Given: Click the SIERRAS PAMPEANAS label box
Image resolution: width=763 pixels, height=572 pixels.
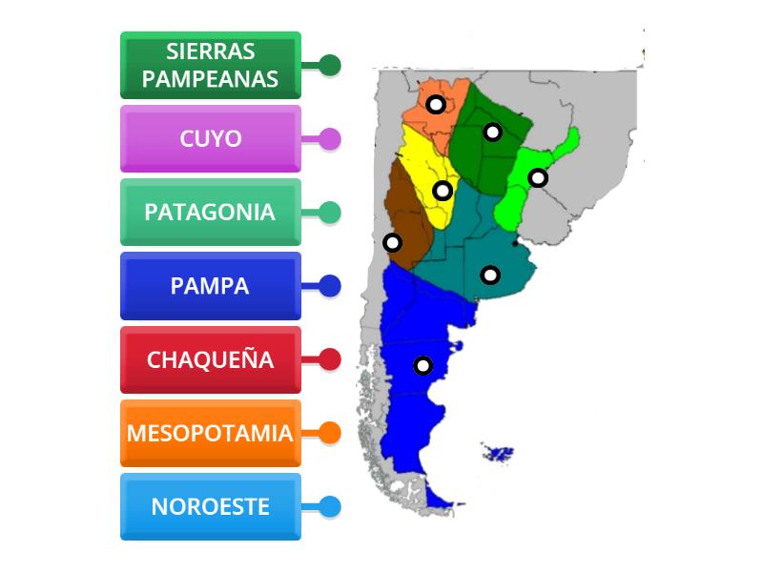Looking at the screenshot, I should [x=211, y=65].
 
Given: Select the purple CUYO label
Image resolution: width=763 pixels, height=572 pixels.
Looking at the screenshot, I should [x=211, y=138].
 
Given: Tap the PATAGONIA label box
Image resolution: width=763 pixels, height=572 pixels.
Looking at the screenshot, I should [x=211, y=212].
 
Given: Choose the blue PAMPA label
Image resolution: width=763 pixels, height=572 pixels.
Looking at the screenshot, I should [x=211, y=285].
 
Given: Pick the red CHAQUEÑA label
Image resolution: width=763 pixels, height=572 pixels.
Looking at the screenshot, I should [x=211, y=359].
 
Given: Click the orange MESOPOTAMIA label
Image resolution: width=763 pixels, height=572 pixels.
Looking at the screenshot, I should [x=211, y=433].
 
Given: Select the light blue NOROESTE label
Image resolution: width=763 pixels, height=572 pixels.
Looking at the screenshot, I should [x=211, y=506].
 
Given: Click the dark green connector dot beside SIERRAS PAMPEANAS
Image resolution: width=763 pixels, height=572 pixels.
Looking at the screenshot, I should [x=330, y=65].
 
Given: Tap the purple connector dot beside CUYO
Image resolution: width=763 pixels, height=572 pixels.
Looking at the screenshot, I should [x=330, y=138].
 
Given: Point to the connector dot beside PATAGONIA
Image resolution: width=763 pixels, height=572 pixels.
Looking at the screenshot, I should [x=330, y=212].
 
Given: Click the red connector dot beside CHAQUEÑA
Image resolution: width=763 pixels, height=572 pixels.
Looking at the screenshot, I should [x=330, y=359].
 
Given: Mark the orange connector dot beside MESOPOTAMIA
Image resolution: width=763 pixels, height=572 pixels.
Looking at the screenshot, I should [x=330, y=433].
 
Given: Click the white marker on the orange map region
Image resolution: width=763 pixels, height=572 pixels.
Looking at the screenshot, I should [x=435, y=104].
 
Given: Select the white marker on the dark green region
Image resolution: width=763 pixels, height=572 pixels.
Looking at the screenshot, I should [x=492, y=132].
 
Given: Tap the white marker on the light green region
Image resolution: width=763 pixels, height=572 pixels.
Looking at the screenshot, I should [x=538, y=177].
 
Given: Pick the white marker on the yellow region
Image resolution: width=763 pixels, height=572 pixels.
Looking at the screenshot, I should [x=443, y=191].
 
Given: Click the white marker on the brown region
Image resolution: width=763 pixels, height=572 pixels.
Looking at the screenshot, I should [x=391, y=241].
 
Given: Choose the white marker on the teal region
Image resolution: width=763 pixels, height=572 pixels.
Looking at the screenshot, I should [x=489, y=275].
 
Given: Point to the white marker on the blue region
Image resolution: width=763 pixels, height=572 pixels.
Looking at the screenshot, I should [x=423, y=365].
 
